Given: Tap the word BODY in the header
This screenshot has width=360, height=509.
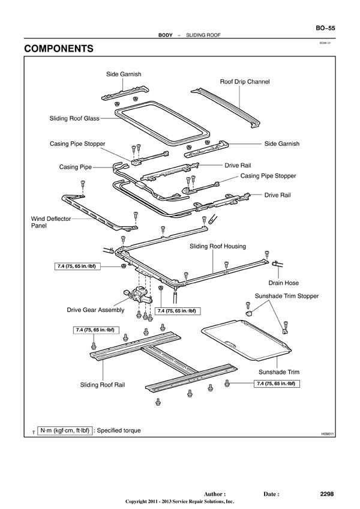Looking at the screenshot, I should coord(166,35).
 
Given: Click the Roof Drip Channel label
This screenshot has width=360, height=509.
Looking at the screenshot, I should coord(245,81).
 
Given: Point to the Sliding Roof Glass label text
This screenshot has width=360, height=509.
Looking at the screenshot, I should coord(74,119).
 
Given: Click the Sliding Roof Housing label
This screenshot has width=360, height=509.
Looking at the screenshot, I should coord(218,246).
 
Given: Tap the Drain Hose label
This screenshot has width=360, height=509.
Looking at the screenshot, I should coord(283,282).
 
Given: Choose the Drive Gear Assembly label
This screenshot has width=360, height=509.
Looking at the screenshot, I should coord(95,310).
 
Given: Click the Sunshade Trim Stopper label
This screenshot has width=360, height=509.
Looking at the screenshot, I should coord(287,296).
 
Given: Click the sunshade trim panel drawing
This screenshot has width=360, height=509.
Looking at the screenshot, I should coord(246,339).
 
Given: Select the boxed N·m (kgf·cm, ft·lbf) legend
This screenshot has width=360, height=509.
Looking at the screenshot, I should coord(65,430).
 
